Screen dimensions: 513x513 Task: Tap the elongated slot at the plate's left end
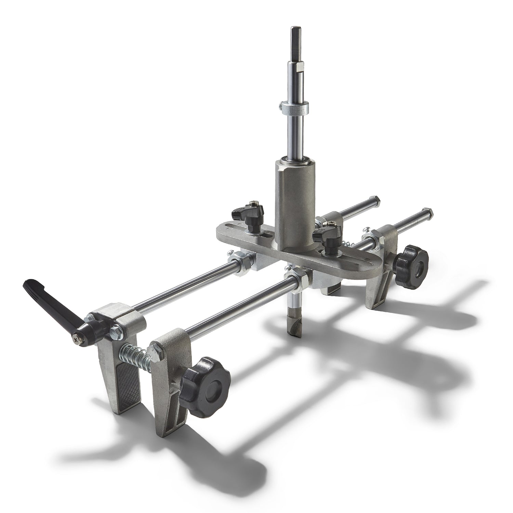click(x=239, y=230)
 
